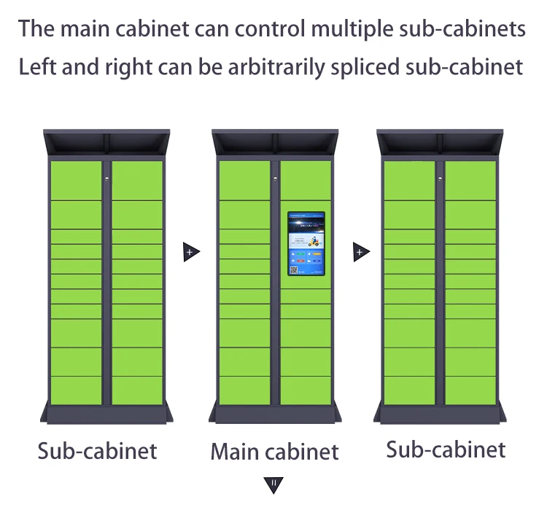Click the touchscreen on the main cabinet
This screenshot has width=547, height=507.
pos(306,244)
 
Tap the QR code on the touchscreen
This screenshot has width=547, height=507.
pos(295,270)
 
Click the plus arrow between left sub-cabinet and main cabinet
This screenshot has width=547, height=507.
pos(191,253)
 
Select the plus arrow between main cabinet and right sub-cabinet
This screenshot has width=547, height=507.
pos(360,253)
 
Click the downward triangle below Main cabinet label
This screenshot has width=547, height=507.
pos(273,484)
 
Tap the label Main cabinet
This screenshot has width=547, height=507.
pos(274,452)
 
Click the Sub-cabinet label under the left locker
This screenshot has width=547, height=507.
pos(97,450)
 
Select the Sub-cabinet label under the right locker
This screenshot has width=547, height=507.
pos(446,449)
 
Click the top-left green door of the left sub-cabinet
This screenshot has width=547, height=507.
pos(76,180)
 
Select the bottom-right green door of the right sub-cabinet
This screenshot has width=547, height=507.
pos(470,390)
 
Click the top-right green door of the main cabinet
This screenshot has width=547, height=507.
pos(306,180)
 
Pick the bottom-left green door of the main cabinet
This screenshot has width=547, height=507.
pos(244,390)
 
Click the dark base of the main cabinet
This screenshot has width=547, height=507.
pos(275,414)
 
